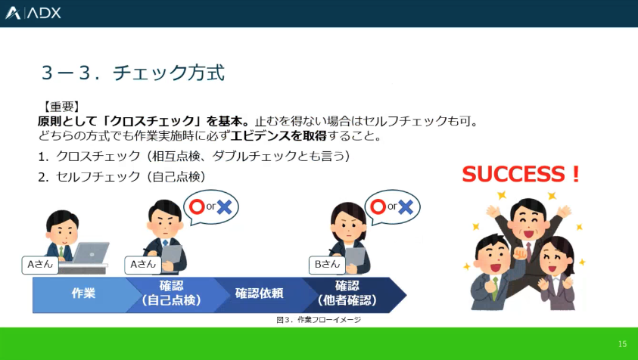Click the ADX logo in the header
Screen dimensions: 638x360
[33, 13]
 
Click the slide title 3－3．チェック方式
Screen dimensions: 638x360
[133, 73]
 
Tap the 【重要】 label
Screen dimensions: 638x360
[61, 107]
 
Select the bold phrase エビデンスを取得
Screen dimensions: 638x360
[279, 135]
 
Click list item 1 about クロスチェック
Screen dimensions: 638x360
[194, 156]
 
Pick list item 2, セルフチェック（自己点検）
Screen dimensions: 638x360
[122, 176]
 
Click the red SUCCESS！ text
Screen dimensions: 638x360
[521, 174]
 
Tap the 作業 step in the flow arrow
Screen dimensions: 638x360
[83, 293]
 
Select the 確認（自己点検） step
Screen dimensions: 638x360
[171, 293]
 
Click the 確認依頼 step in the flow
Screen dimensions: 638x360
[259, 293]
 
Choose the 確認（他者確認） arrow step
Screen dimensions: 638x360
[347, 293]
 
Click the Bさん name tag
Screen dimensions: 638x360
[327, 265]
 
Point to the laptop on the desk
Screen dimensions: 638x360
[90, 253]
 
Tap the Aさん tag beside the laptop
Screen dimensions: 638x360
[40, 265]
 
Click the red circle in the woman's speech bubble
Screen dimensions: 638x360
[378, 207]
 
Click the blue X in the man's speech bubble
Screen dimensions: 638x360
[224, 207]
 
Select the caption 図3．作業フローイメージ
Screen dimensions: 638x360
[319, 320]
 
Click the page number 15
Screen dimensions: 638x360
[623, 344]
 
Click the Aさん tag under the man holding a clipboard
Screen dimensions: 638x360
[143, 265]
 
